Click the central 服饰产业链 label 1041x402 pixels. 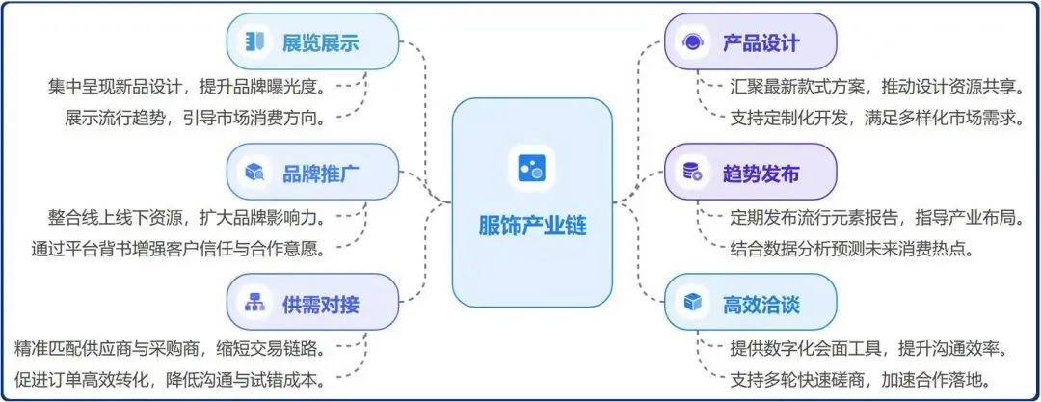pos(532,227)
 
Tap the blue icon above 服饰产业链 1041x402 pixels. pos(531,169)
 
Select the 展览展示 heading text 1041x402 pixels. pos(320,42)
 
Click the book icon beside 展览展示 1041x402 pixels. pos(254,41)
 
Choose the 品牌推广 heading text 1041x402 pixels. pos(320,174)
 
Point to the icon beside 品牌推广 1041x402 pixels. pos(254,173)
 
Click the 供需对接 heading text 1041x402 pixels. pos(320,305)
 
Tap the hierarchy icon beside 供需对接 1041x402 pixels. pos(254,304)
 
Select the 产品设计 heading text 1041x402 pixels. pos(761,42)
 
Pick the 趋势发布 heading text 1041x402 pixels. pos(761,174)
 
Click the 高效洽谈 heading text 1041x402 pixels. pos(761,305)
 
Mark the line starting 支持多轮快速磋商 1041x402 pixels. pos(862,378)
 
